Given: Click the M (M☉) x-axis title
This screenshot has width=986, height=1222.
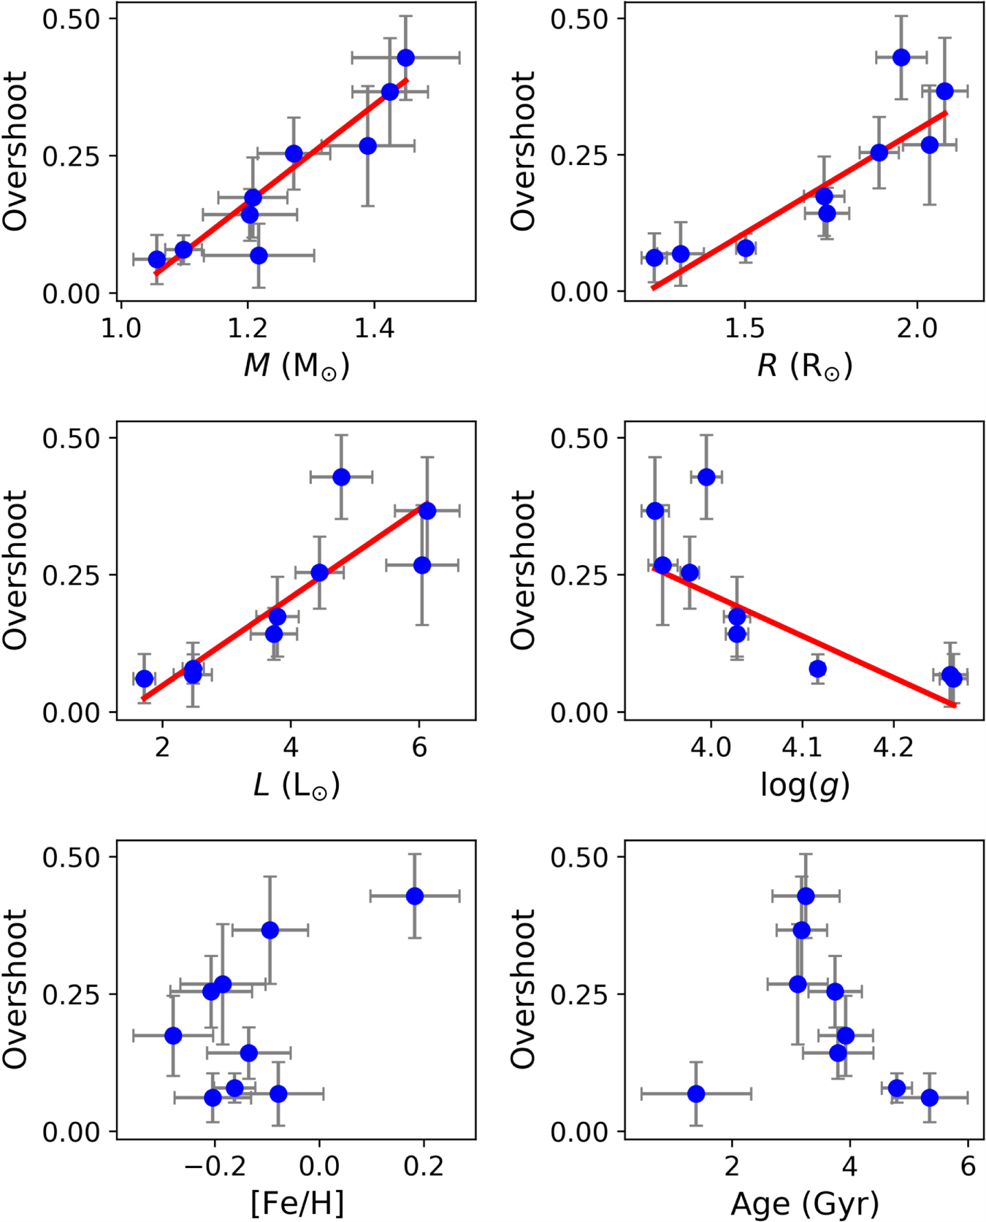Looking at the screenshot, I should pos(297,365).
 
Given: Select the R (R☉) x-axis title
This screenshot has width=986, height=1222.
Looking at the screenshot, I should pos(804,365).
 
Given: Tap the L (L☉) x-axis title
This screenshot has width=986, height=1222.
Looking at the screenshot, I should pos(297,785).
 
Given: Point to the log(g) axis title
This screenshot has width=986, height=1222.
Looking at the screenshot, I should pos(804,785).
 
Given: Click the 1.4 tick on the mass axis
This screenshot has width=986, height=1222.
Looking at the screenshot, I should pos(374,329).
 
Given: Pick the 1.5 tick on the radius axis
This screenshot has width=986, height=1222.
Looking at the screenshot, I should pos(744,329).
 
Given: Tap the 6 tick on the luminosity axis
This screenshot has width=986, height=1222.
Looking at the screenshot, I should pos(419,748).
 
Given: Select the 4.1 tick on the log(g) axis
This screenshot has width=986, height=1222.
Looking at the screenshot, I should pos(802,748).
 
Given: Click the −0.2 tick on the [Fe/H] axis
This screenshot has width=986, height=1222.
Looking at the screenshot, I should pos(214,1167).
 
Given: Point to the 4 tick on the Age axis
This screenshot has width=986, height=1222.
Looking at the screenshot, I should pos(849,1167).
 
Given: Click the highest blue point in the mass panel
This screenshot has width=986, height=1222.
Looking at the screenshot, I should pos(405,58).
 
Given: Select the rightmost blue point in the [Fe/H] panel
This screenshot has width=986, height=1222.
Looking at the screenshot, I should pos(415,896).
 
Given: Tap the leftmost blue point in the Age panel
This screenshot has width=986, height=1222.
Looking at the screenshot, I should pos(696,1094).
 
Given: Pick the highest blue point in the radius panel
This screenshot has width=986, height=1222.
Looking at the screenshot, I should pos(901,57).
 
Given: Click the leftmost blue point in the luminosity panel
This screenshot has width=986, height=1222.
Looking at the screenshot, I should pos(145,678).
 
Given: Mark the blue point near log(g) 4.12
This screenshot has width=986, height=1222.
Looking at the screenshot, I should pos(817,669).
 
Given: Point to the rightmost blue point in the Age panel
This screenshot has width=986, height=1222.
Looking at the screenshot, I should pos(929,1097).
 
